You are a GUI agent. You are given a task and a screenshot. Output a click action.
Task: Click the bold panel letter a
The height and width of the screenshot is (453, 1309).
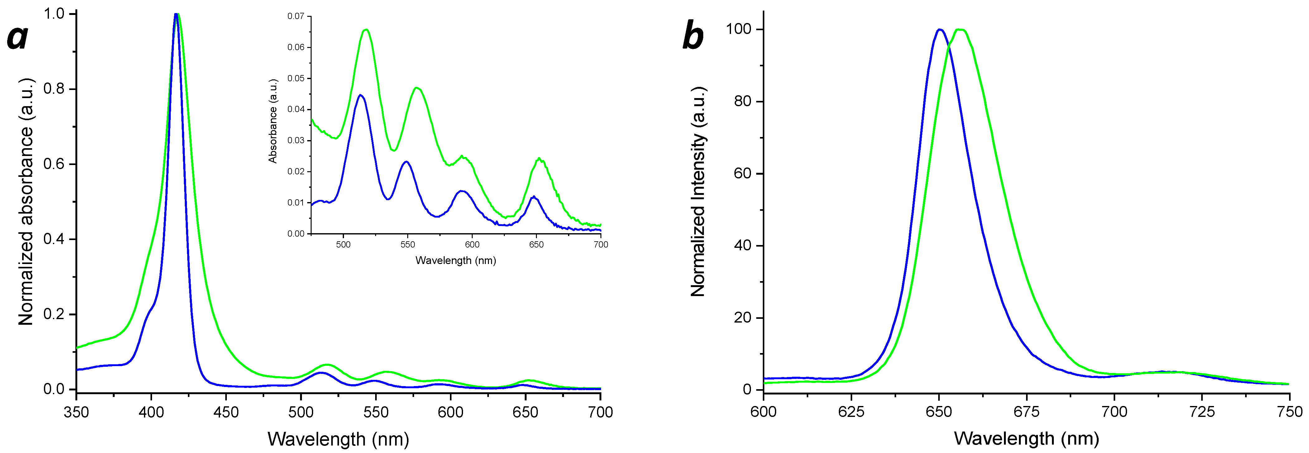pos(18,37)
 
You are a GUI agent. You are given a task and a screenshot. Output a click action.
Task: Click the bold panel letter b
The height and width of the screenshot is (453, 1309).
pos(693,35)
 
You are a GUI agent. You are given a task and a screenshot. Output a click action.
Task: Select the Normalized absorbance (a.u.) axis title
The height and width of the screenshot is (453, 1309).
pos(26,202)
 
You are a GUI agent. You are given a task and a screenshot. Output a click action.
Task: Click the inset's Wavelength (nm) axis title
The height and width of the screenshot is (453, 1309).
pos(455,261)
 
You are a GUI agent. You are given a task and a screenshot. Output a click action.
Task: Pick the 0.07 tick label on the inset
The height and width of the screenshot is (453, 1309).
pos(296,16)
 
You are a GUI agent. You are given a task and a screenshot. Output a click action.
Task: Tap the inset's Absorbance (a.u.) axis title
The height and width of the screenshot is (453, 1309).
pos(273,121)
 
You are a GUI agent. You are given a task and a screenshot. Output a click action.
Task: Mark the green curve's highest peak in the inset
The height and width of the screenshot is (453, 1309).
pos(366,30)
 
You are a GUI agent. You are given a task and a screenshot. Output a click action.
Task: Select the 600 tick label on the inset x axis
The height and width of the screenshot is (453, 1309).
pos(472,245)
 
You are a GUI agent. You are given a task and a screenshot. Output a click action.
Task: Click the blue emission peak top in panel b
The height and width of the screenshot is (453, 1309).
pos(939,30)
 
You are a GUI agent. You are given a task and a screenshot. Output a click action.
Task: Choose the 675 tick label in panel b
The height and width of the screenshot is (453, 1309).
pos(1026,412)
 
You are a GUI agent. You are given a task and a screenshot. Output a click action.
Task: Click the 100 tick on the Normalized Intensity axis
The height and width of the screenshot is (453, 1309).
pos(738,29)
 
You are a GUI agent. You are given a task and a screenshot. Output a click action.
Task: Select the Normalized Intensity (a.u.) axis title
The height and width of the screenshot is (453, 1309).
pos(699,191)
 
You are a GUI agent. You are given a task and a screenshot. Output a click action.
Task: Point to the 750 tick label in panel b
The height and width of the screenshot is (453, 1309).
pos(1289,412)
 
